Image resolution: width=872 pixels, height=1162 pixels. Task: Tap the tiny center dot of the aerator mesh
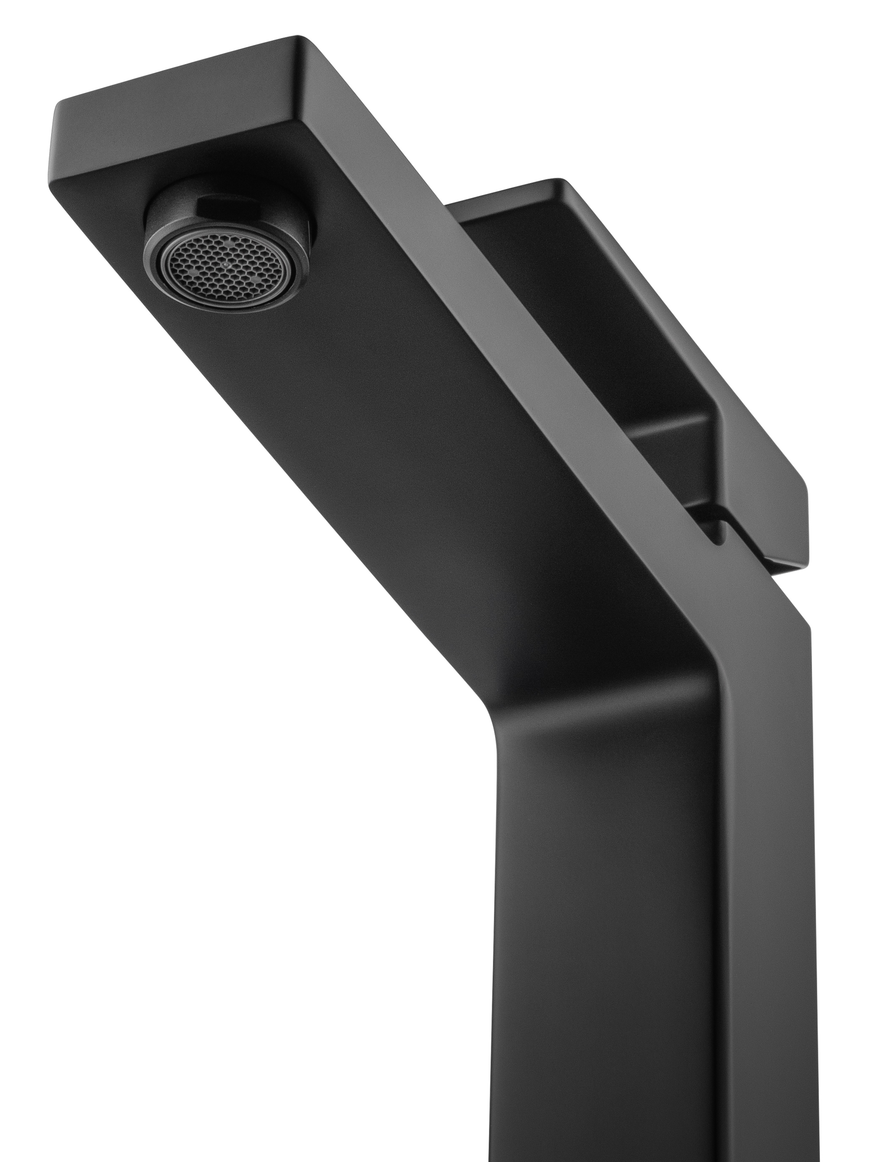[x=227, y=266]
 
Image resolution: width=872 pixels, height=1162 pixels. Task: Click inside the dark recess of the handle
[x=578, y=315]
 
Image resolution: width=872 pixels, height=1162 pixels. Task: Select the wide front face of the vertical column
[x=604, y=946]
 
